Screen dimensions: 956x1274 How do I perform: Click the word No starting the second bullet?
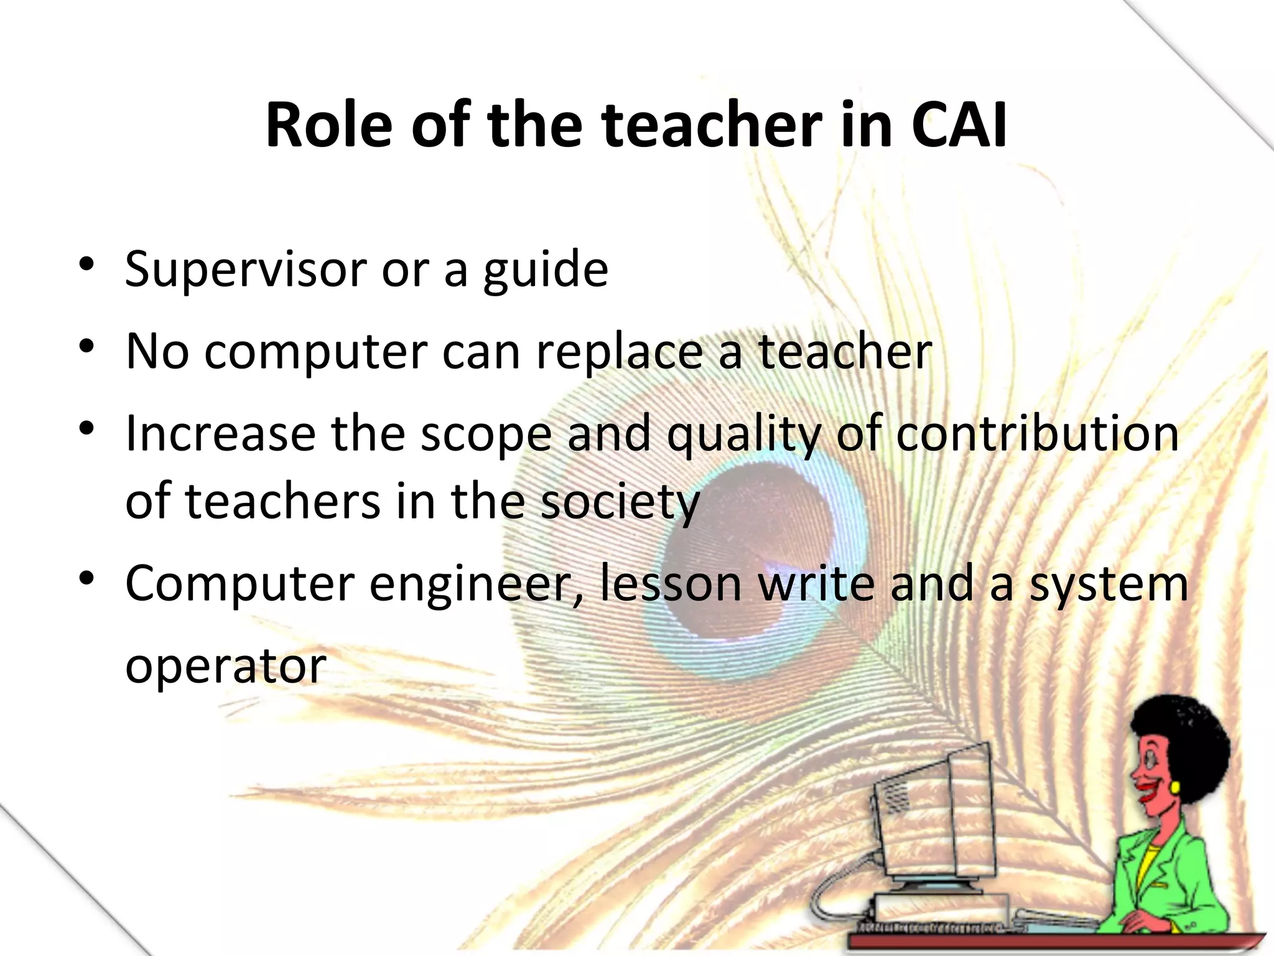157,352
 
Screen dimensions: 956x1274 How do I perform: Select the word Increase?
220,433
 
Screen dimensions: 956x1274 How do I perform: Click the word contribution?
1037,433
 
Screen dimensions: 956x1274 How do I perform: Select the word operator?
225,667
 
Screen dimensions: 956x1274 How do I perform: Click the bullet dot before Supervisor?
86,264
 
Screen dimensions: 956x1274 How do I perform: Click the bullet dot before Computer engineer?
86,579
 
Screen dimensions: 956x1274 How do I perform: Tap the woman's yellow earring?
1175,787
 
